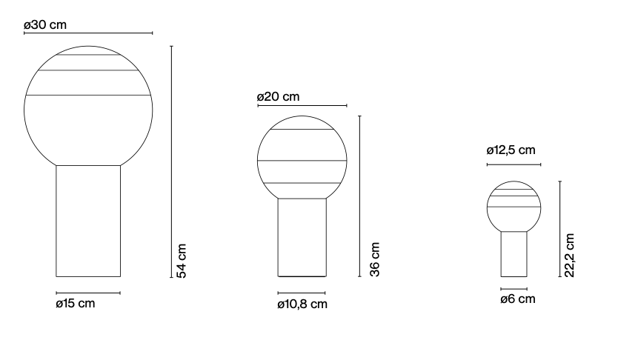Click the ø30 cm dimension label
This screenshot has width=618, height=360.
(45, 24)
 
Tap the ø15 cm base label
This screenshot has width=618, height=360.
(76, 304)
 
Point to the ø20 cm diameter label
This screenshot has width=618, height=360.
(278, 97)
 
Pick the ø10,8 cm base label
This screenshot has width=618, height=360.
(302, 304)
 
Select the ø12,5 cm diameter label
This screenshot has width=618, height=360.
(511, 150)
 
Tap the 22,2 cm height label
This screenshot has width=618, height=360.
(570, 256)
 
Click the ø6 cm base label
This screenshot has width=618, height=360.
(517, 299)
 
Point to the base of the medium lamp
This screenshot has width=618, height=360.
(302, 237)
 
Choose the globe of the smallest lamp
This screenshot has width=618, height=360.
(514, 206)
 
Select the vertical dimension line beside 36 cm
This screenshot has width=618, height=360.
(359, 196)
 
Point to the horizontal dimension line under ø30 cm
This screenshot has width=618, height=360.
(88, 33)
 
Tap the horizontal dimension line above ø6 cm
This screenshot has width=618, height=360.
(514, 289)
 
